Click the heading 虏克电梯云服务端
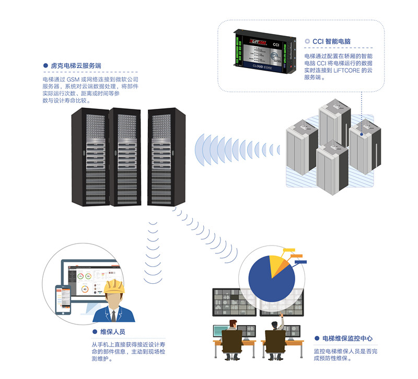click(76, 66)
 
